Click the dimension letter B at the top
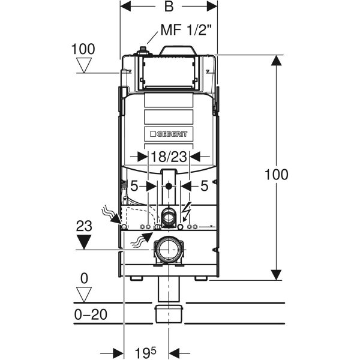169,8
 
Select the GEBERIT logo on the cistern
169,134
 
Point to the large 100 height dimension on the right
277,175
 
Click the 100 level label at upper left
82,49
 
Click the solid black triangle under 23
84,241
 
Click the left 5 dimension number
135,187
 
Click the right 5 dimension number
204,187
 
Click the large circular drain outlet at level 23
169,249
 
